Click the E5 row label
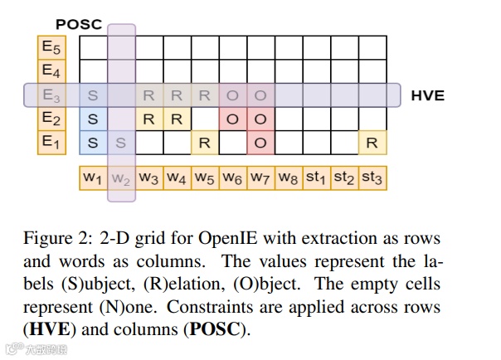pyautogui.click(x=51, y=47)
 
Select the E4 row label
pyautogui.click(x=51, y=71)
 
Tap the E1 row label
pyautogui.click(x=51, y=142)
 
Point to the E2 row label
pyautogui.click(x=51, y=118)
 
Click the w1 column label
pyautogui.click(x=92, y=178)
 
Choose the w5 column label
pyautogui.click(x=204, y=178)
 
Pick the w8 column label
pyautogui.click(x=288, y=178)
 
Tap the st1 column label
pyautogui.click(x=316, y=178)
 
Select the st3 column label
pyautogui.click(x=372, y=178)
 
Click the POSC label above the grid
pyautogui.click(x=78, y=25)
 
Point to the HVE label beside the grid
pyautogui.click(x=428, y=95)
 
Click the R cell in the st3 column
pyautogui.click(x=372, y=143)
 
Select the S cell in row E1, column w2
pyautogui.click(x=121, y=143)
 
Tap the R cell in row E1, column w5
pyautogui.click(x=204, y=143)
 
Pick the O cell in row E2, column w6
pyautogui.click(x=232, y=119)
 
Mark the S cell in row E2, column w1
pyautogui.click(x=93, y=119)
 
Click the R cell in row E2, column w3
pyautogui.click(x=148, y=119)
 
